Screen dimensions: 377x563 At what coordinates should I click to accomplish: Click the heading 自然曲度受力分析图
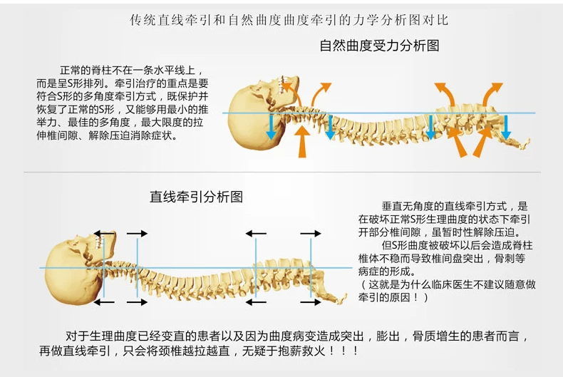tap(379, 46)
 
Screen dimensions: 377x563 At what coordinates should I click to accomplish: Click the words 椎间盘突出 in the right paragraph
tap(457, 258)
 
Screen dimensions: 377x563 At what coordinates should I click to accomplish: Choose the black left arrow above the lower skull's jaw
tap(105, 233)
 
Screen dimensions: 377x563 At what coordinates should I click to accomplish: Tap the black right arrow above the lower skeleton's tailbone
tap(311, 233)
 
